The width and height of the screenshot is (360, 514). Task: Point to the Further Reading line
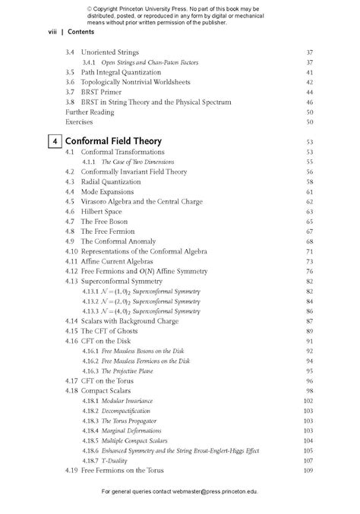pyautogui.click(x=90, y=112)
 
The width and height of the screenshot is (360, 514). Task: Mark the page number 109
pyautogui.click(x=308, y=470)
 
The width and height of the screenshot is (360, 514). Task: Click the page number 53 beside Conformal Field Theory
pyautogui.click(x=309, y=142)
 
